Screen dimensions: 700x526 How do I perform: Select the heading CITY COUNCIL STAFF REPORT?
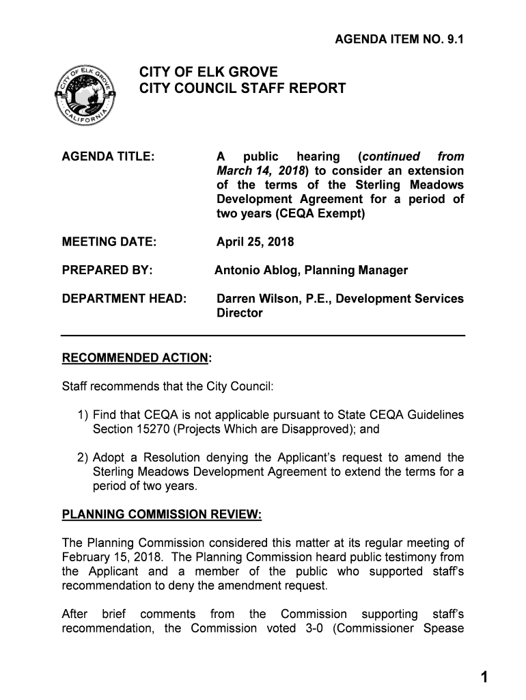(x=243, y=89)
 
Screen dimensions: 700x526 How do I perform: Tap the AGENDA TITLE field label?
(x=108, y=156)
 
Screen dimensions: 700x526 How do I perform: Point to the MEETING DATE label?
(x=109, y=241)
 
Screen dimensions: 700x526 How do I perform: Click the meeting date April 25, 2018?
(x=255, y=241)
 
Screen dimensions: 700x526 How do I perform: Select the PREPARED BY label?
(x=107, y=270)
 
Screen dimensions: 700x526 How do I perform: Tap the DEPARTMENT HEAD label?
(x=124, y=299)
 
